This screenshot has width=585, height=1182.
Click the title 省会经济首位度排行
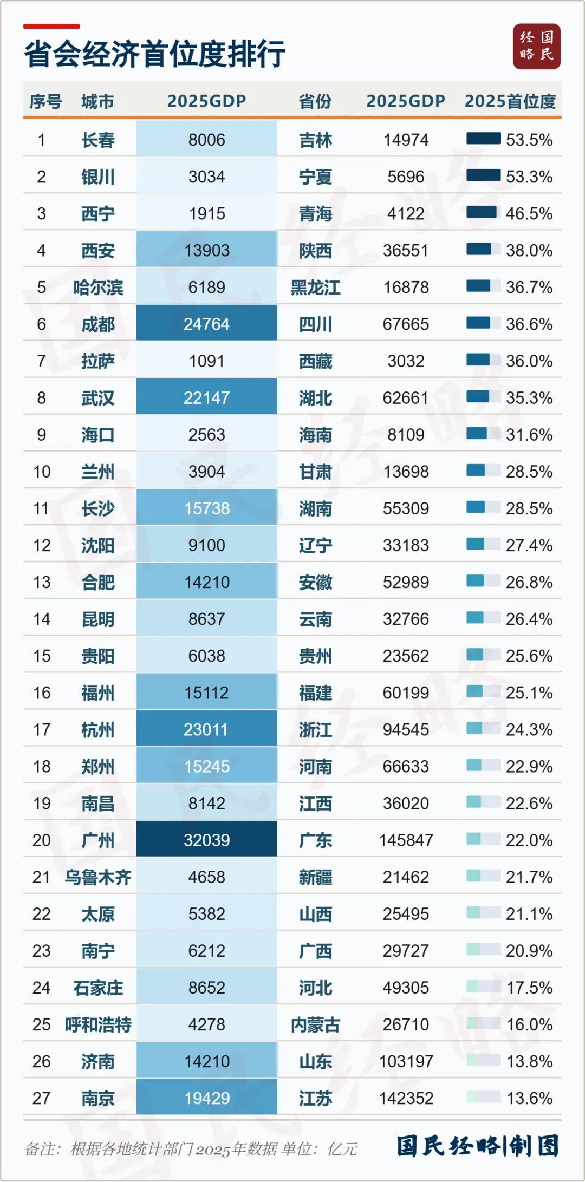pyautogui.click(x=155, y=54)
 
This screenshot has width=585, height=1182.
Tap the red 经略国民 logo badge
pyautogui.click(x=537, y=47)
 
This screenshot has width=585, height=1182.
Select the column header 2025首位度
pyautogui.click(x=510, y=101)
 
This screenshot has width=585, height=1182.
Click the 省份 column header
pyautogui.click(x=315, y=101)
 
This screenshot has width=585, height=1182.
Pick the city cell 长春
pyautogui.click(x=98, y=140)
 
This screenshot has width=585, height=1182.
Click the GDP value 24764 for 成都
pyautogui.click(x=207, y=324)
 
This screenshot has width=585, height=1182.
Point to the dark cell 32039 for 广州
pyautogui.click(x=207, y=840)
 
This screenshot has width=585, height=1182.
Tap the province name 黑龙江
pyautogui.click(x=315, y=288)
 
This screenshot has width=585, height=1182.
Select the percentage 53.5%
pyautogui.click(x=529, y=140)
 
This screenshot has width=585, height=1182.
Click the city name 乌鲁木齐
pyautogui.click(x=98, y=877)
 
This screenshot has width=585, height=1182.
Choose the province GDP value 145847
pyautogui.click(x=406, y=840)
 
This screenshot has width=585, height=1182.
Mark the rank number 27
pyautogui.click(x=41, y=1098)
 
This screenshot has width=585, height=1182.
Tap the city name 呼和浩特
pyautogui.click(x=98, y=1024)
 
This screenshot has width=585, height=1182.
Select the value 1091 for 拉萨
pyautogui.click(x=207, y=361)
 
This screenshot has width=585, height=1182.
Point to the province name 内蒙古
pyautogui.click(x=315, y=1024)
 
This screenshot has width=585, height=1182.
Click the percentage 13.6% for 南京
pyautogui.click(x=529, y=1098)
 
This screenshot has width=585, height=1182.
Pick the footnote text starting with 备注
pyautogui.click(x=191, y=1148)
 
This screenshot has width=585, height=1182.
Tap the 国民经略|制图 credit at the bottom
pyautogui.click(x=477, y=1146)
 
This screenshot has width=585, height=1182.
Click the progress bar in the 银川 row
pyautogui.click(x=483, y=175)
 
